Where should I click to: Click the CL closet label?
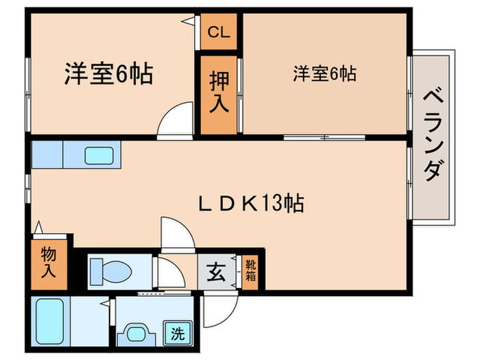[219, 31]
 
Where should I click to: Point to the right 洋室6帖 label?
[325, 74]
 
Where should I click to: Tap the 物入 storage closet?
[49, 263]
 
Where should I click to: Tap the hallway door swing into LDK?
[178, 233]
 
